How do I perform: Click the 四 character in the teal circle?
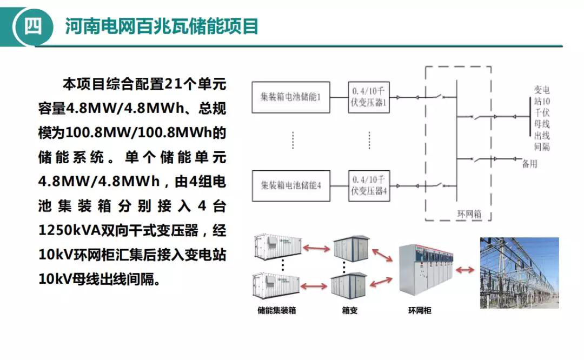click(x=32, y=26)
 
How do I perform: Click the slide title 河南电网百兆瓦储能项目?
click(x=162, y=26)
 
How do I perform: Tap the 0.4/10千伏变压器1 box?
click(x=369, y=97)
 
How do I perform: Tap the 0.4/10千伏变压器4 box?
click(x=369, y=185)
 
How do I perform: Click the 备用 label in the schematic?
click(x=529, y=164)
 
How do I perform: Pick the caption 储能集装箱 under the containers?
click(x=277, y=311)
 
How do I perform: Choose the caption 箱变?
click(x=349, y=311)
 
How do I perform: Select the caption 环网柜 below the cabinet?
click(x=420, y=311)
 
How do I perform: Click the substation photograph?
click(x=519, y=272)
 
